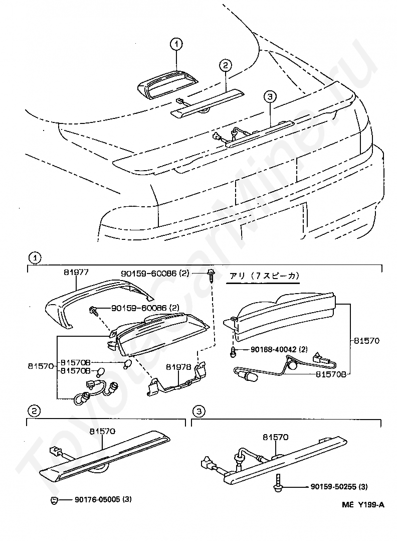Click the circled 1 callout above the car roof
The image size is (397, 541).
click(x=176, y=44)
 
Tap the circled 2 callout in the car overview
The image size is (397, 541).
click(x=225, y=65)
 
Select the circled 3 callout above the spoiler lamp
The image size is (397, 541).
click(x=270, y=96)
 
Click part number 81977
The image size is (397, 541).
click(x=76, y=272)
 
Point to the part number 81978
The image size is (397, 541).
click(x=178, y=367)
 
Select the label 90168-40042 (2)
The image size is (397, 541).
click(x=279, y=349)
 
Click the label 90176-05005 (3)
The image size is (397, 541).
click(x=103, y=499)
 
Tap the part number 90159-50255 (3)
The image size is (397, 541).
click(x=339, y=486)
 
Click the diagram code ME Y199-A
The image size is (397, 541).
click(x=363, y=504)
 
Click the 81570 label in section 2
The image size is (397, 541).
click(x=102, y=431)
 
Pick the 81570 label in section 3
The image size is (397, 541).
click(x=276, y=437)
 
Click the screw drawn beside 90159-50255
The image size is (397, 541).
click(x=277, y=483)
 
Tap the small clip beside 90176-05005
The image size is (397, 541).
click(x=55, y=500)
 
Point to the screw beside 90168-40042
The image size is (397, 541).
click(x=234, y=351)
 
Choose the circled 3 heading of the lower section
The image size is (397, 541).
click(x=198, y=411)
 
